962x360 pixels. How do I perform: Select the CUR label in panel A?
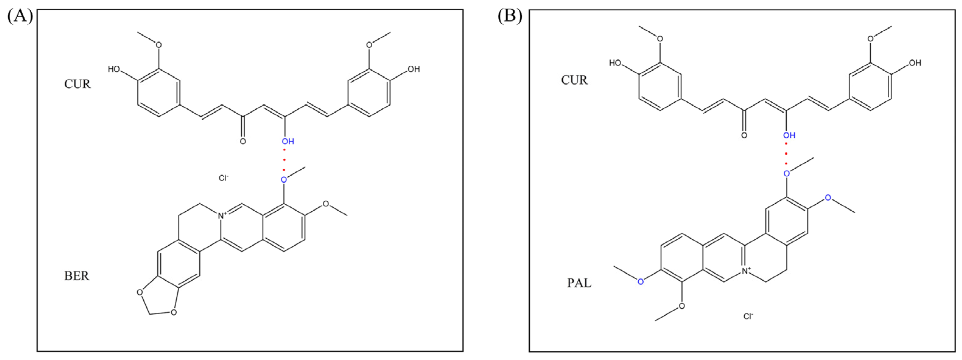tap(77, 84)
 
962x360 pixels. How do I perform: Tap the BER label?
tap(76, 276)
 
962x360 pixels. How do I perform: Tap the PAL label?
tap(579, 283)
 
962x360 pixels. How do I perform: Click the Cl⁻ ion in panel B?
tap(748, 317)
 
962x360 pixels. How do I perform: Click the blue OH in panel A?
tap(288, 141)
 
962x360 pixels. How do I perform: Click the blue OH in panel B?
tap(789, 135)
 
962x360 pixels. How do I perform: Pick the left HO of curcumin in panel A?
tap(114, 69)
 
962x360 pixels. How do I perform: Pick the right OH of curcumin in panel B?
tap(915, 63)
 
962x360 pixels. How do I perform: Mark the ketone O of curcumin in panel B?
tap(744, 135)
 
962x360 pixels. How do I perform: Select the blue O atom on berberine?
tap(284, 180)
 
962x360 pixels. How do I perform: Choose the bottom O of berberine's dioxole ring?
tap(173, 312)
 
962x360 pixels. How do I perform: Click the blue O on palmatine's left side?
tap(641, 282)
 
